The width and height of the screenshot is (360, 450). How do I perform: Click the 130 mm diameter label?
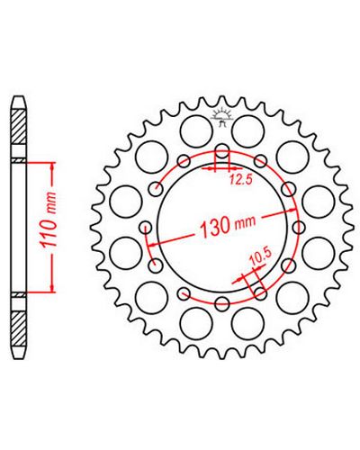pos(228,225)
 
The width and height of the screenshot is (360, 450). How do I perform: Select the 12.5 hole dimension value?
pos(241,180)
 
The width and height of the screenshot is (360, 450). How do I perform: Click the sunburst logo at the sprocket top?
pos(222,115)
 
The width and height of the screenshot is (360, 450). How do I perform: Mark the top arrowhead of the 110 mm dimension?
pos(53,167)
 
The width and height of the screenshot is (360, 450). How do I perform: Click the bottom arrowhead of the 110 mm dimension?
pos(53,287)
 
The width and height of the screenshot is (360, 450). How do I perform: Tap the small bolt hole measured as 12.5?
pos(222,151)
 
